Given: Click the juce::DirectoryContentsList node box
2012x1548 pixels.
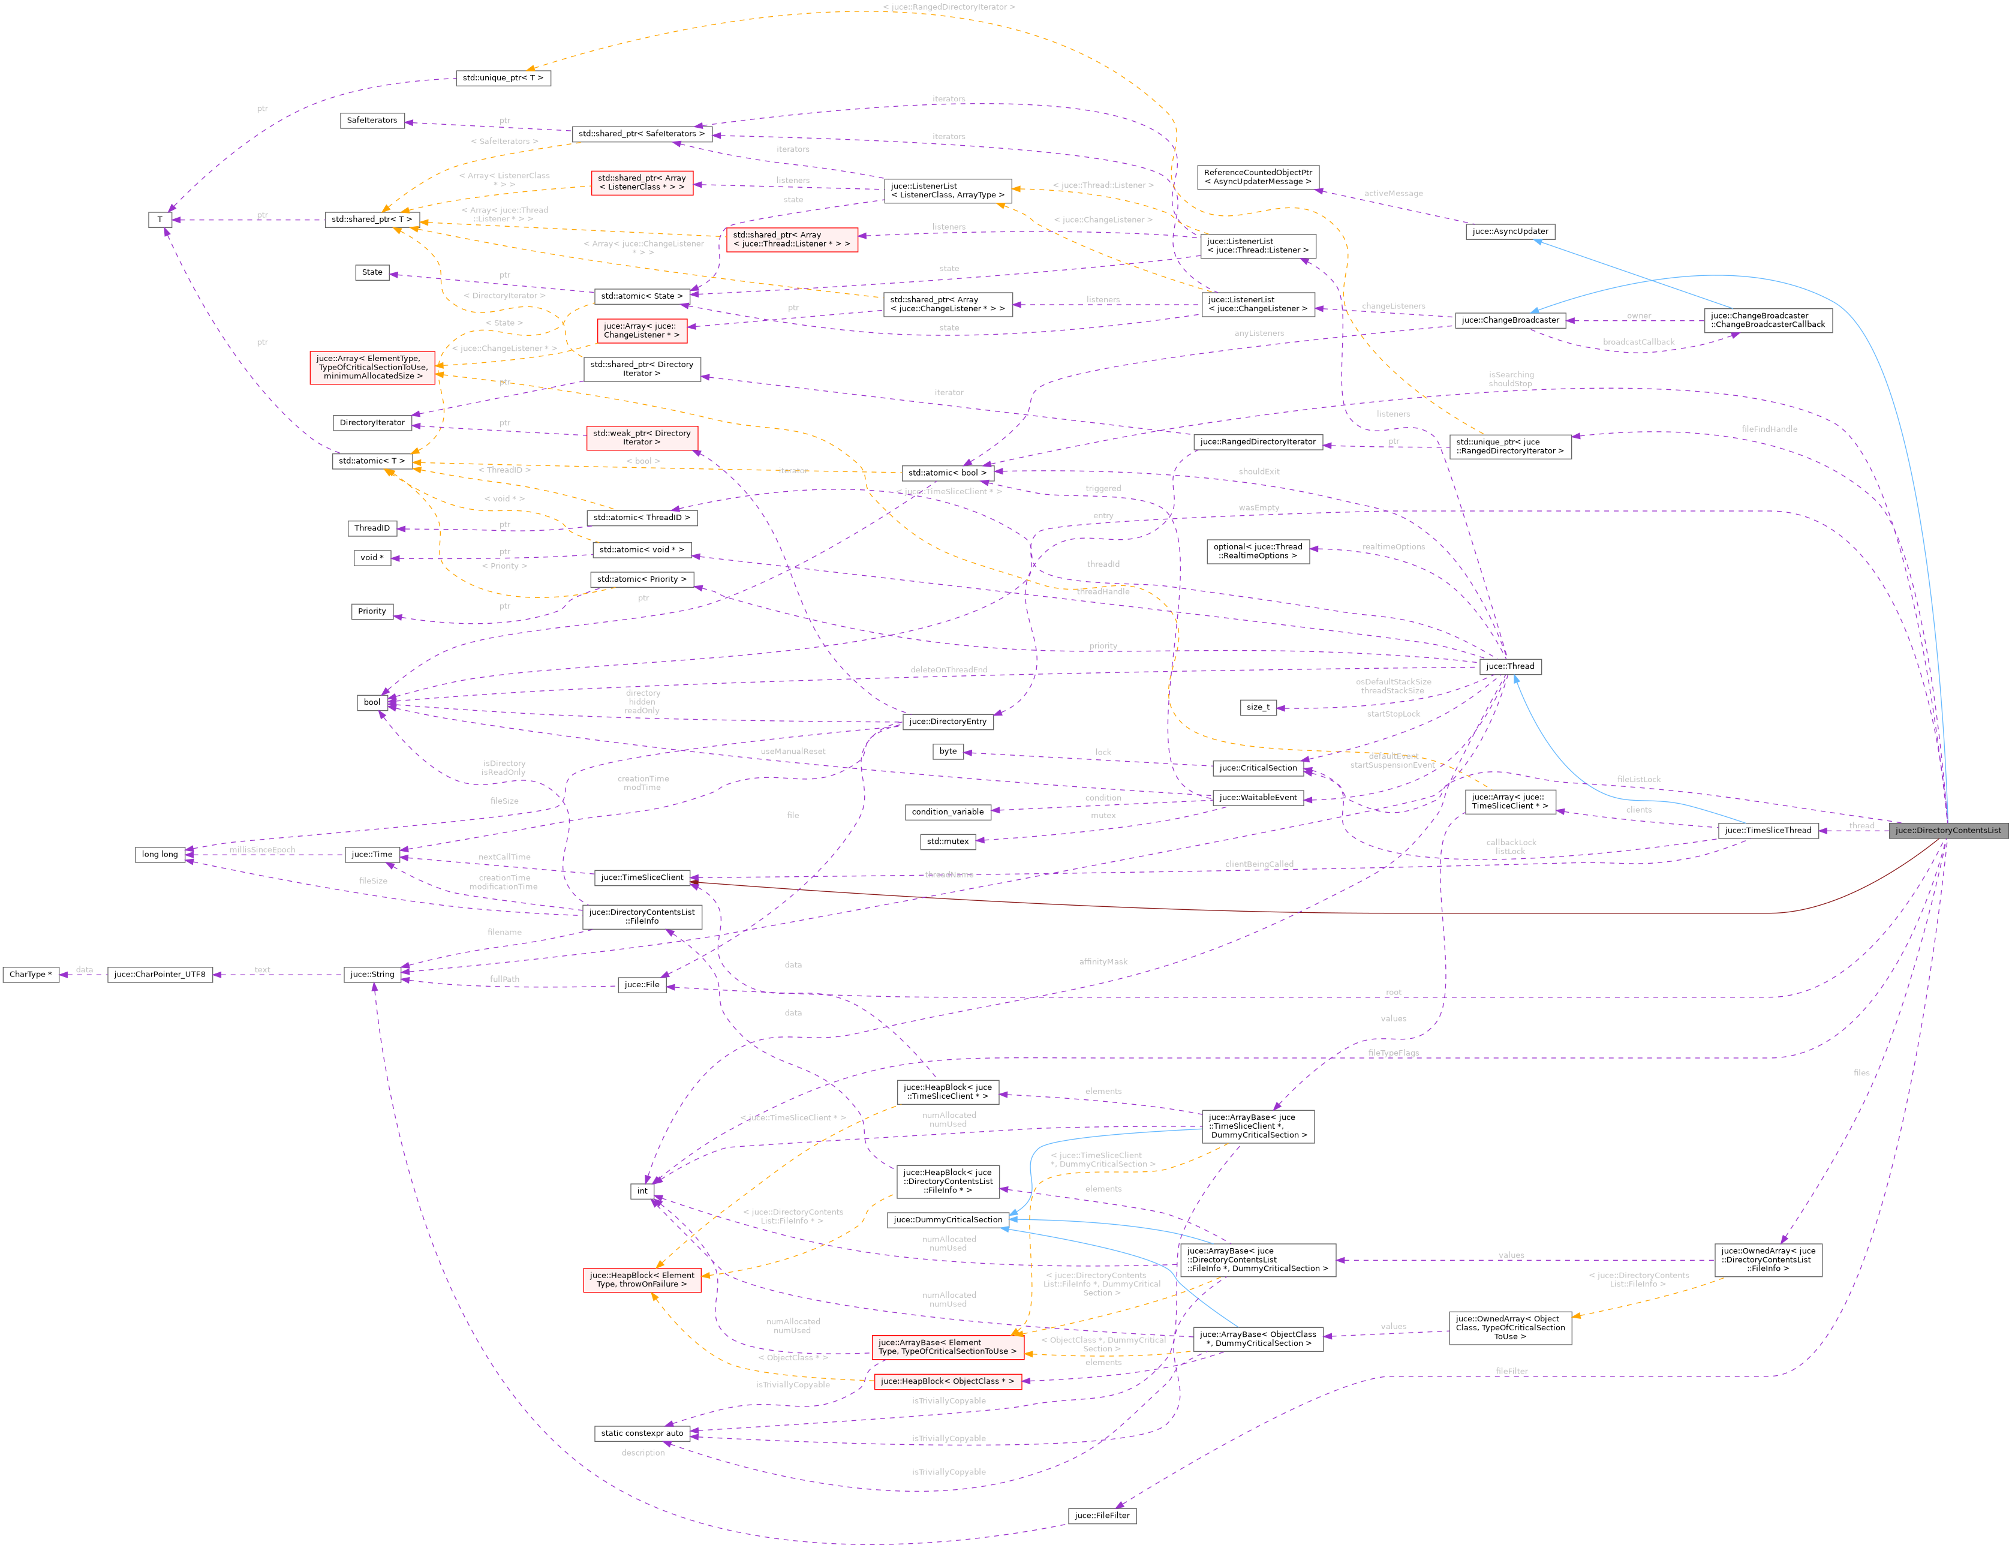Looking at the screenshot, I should (x=1947, y=830).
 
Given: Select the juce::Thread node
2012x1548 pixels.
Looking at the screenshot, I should (x=1509, y=666).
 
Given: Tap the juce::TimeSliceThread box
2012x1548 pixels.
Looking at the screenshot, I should (x=1767, y=830).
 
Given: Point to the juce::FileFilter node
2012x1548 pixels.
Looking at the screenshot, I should (x=1102, y=1516).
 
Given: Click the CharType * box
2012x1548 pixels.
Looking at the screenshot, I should (x=31, y=974).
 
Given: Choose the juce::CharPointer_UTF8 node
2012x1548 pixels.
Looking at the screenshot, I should (x=160, y=974).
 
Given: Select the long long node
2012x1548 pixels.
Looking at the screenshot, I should (x=160, y=854).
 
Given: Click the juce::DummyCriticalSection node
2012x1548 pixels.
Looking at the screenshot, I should (x=947, y=1220).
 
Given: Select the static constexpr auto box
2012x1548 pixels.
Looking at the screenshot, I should (x=642, y=1433).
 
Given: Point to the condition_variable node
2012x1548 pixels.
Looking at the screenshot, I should (x=947, y=811).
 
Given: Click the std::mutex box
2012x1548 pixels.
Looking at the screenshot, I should (x=947, y=841).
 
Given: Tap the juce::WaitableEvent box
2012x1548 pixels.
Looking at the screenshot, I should (x=1258, y=797).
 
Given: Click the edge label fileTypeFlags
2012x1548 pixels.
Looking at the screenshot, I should (x=1393, y=1052).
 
